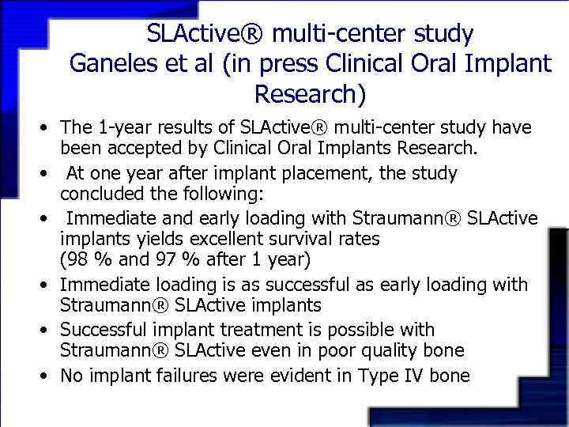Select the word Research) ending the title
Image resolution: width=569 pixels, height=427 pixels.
pos(310,94)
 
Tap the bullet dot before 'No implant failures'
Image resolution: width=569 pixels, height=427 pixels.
pos(48,376)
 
